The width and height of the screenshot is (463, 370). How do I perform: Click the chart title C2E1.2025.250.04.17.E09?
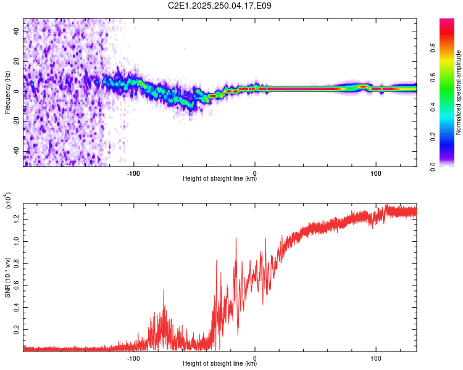pyautogui.click(x=219, y=6)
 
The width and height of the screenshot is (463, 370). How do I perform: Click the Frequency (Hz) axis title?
pyautogui.click(x=7, y=92)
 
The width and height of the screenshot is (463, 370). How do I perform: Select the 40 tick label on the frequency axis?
pyautogui.click(x=17, y=31)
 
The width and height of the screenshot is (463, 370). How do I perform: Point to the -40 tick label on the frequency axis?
pyautogui.click(x=17, y=152)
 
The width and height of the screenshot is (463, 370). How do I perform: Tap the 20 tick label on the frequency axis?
pyautogui.click(x=17, y=61)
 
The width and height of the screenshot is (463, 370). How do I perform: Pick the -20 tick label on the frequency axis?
pyautogui.click(x=17, y=121)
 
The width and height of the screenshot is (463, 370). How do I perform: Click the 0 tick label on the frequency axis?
pyautogui.click(x=17, y=91)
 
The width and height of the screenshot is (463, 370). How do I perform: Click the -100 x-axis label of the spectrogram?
pyautogui.click(x=133, y=173)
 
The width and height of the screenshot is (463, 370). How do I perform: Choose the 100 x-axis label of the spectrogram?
pyautogui.click(x=376, y=173)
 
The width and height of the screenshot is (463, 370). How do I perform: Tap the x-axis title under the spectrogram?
pyautogui.click(x=220, y=178)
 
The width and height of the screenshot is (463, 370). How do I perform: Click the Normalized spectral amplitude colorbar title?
pyautogui.click(x=458, y=92)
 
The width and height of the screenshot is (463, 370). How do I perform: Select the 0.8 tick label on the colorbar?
pyautogui.click(x=433, y=47)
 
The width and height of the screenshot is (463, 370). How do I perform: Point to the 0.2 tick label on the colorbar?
pyautogui.click(x=433, y=137)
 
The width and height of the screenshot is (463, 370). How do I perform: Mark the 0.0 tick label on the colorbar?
pyautogui.click(x=433, y=166)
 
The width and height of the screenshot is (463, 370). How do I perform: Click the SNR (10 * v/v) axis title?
pyautogui.click(x=7, y=277)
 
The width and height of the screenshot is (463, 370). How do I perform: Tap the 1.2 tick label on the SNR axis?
pyautogui.click(x=17, y=220)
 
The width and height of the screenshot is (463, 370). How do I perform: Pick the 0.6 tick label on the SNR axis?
pyautogui.click(x=17, y=286)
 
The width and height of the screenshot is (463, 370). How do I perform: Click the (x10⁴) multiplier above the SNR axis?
pyautogui.click(x=8, y=200)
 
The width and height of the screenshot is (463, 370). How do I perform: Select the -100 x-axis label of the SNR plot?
pyautogui.click(x=133, y=358)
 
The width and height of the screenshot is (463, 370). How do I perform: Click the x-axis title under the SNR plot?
pyautogui.click(x=220, y=363)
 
